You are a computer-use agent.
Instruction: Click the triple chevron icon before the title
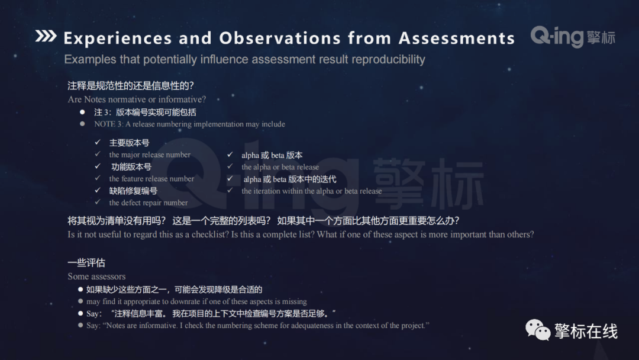pos(46,36)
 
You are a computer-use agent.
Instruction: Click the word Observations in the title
pos(280,38)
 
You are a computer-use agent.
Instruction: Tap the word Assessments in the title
pos(457,38)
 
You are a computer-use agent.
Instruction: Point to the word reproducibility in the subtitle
pos(388,60)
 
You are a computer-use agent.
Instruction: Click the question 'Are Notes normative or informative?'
pos(137,99)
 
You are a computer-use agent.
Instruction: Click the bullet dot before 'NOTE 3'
pos(82,124)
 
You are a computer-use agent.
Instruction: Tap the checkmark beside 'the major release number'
pos(98,154)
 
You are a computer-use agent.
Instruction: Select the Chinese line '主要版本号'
pos(129,143)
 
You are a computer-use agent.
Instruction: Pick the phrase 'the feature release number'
pos(151,179)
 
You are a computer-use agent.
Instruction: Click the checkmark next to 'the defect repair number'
pos(98,202)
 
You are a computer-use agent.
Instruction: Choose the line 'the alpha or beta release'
pos(280,167)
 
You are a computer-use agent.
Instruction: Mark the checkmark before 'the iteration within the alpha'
pos(230,191)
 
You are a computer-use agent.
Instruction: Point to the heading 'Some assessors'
pos(96,277)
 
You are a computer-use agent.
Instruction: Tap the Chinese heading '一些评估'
pos(86,263)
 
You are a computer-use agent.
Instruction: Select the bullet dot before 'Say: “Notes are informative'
pos(80,325)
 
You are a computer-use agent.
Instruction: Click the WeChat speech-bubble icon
pos(538,330)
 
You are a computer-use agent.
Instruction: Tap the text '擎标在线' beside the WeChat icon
pos(586,330)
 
